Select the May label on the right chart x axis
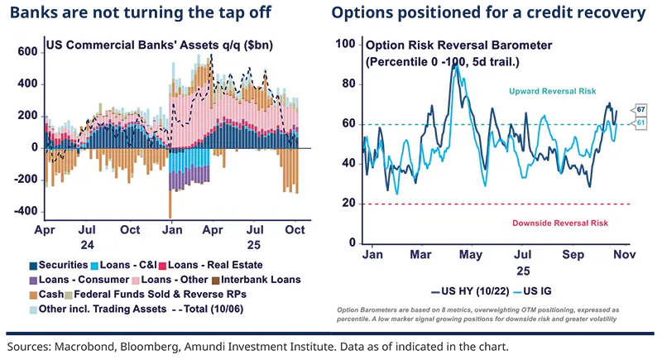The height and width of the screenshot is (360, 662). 471,256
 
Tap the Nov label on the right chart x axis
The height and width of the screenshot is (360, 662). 622,256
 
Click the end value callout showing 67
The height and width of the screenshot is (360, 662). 640,109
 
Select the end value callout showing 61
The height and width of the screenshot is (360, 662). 640,123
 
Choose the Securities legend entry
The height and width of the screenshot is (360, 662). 61,266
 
